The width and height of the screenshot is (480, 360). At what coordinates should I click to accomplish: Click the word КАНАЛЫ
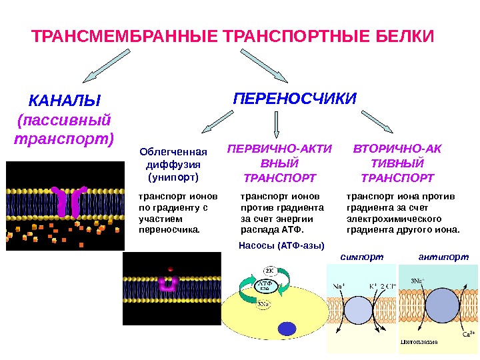click(64, 101)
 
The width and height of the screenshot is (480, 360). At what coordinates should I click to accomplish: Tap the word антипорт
click(443, 256)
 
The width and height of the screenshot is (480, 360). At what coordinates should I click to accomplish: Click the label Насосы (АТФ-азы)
click(280, 245)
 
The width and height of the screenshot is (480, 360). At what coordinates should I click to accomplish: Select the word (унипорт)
click(173, 178)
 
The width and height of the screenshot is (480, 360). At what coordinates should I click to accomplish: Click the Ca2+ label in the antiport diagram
click(467, 333)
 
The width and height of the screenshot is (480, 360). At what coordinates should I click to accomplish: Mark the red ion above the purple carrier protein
click(171, 270)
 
